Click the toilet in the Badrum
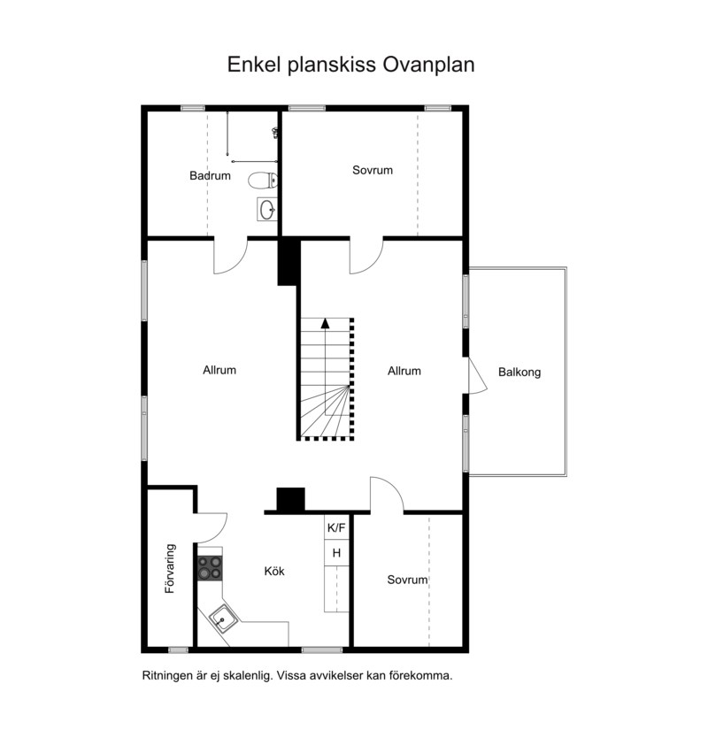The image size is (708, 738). tap(263, 181)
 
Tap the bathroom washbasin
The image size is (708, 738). tap(267, 209)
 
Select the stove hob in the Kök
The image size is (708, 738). tap(210, 567)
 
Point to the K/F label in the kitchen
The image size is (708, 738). tap(336, 528)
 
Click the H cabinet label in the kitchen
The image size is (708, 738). tap(336, 553)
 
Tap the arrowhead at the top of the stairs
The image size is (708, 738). tap(325, 323)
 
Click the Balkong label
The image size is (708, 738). tap(519, 373)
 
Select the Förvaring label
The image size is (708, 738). tap(170, 569)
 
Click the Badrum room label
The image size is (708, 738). tap(210, 175)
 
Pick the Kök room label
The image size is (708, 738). tap(274, 571)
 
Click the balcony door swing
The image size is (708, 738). tap(477, 375)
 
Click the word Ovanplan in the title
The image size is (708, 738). tap(428, 65)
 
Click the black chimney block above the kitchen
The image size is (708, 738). tap(290, 500)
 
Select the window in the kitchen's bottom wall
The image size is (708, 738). tap(322, 650)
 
